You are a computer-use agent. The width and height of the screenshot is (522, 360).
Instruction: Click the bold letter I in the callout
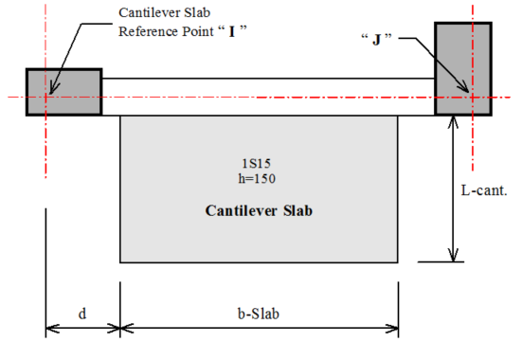[232, 31]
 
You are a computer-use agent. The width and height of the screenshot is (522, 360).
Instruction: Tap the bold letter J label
[376, 40]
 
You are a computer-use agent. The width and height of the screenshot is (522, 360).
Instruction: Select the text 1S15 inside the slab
[257, 163]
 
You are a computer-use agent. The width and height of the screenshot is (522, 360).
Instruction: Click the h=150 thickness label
[257, 178]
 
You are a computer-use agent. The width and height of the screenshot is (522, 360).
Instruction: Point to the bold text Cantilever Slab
[259, 210]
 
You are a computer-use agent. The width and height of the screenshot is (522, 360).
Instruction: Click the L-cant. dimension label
[484, 190]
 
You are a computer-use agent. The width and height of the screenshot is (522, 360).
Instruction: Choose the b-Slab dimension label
[259, 314]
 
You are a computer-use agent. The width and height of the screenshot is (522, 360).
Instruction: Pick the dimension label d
[82, 314]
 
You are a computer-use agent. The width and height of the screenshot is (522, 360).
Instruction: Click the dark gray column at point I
[63, 92]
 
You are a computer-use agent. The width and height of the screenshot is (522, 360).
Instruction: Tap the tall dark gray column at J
[463, 69]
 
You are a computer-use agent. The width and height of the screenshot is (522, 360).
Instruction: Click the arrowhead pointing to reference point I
[53, 89]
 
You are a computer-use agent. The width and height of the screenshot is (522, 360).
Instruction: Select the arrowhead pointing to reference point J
[464, 87]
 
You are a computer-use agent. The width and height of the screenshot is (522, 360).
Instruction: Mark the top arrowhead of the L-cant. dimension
[453, 121]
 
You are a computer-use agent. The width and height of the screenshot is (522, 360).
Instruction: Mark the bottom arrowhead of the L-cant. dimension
[453, 256]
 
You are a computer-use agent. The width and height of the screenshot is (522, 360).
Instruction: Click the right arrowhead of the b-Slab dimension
[392, 329]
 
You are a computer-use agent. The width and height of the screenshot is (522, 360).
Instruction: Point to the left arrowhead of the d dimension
[52, 329]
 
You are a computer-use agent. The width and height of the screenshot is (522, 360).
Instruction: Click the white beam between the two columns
[268, 97]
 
